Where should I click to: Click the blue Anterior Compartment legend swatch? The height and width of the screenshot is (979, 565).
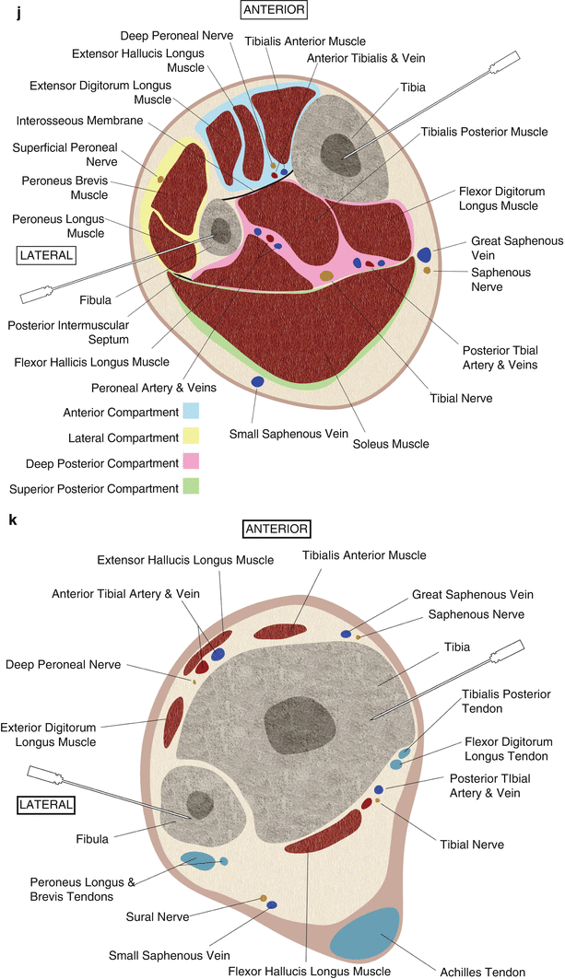pyautogui.click(x=192, y=412)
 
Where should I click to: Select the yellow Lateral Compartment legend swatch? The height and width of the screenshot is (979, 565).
pyautogui.click(x=192, y=437)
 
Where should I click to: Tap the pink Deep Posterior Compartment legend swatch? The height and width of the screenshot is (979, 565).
pyautogui.click(x=192, y=461)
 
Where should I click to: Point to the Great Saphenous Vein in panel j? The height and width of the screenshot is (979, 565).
pyautogui.click(x=425, y=254)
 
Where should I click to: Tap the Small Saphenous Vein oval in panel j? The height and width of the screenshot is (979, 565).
pyautogui.click(x=258, y=381)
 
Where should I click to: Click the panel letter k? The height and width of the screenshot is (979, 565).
pyautogui.click(x=12, y=520)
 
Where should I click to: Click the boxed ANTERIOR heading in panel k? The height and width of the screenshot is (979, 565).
pyautogui.click(x=277, y=529)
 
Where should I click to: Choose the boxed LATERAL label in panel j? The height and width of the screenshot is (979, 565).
pyautogui.click(x=46, y=254)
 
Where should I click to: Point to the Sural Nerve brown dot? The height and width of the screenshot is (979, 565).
pyautogui.click(x=264, y=897)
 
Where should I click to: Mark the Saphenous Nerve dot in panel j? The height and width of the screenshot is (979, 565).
pyautogui.click(x=427, y=271)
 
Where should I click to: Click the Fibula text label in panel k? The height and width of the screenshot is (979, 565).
pyautogui.click(x=93, y=838)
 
